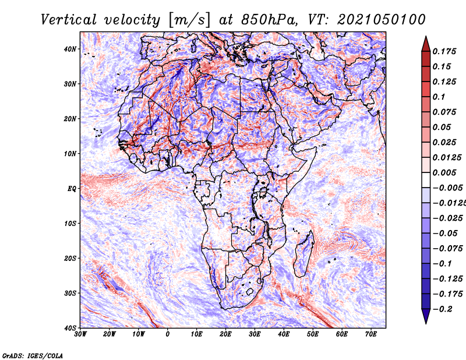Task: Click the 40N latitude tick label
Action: point(70,49)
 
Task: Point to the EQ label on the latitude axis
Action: point(72,189)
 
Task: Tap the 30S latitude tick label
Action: point(70,294)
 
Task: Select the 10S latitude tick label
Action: point(70,224)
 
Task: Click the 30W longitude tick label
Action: point(80,334)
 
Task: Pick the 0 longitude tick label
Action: point(168,334)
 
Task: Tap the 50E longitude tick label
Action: point(313,334)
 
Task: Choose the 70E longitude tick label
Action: point(371,334)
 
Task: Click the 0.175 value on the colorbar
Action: point(444,51)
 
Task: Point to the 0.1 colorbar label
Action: point(439,97)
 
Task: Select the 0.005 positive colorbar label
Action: point(444,172)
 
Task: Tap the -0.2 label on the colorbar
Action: point(443,309)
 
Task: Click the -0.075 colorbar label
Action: point(447,249)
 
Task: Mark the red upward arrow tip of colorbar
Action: point(426,37)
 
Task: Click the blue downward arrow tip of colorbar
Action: point(426,323)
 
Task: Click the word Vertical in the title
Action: point(69,20)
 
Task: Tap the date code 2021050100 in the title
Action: point(382,20)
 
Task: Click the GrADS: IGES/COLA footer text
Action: point(33,356)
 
